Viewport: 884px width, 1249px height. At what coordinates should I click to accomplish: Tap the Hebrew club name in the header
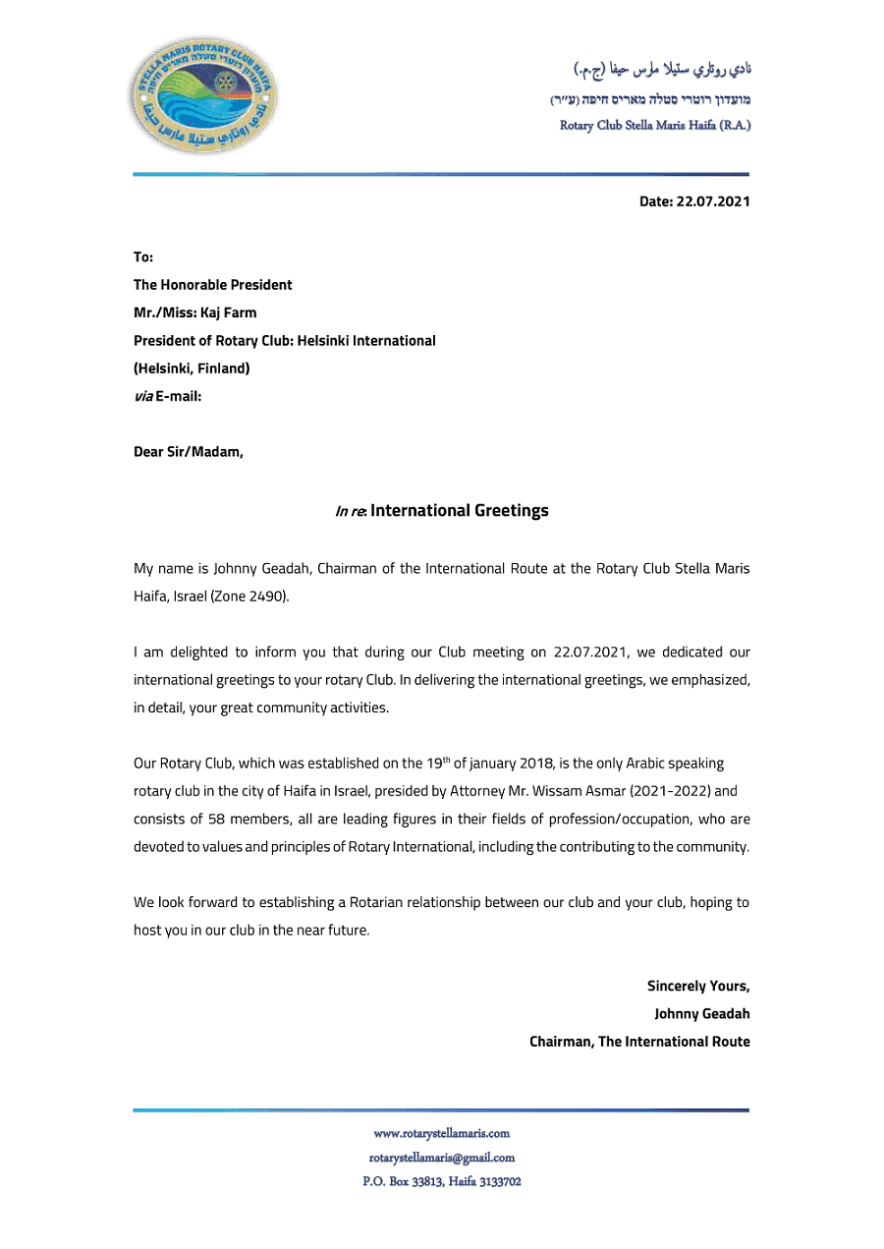(x=650, y=99)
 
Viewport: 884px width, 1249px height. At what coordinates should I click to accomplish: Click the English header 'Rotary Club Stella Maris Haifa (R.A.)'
(x=655, y=126)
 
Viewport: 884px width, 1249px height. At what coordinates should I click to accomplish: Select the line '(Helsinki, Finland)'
(x=192, y=369)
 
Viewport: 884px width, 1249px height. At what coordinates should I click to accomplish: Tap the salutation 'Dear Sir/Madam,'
(x=189, y=452)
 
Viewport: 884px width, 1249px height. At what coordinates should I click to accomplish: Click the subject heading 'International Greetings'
(x=459, y=510)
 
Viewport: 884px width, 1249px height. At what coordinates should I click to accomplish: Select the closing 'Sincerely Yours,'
(x=697, y=986)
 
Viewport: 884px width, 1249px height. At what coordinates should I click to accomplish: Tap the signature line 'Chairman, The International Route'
(x=639, y=1041)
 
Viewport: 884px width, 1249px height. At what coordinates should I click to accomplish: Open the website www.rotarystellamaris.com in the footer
(x=441, y=1133)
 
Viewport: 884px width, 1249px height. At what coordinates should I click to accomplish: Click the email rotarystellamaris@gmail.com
(x=441, y=1158)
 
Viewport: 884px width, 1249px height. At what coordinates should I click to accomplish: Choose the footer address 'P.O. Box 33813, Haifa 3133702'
(x=441, y=1181)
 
